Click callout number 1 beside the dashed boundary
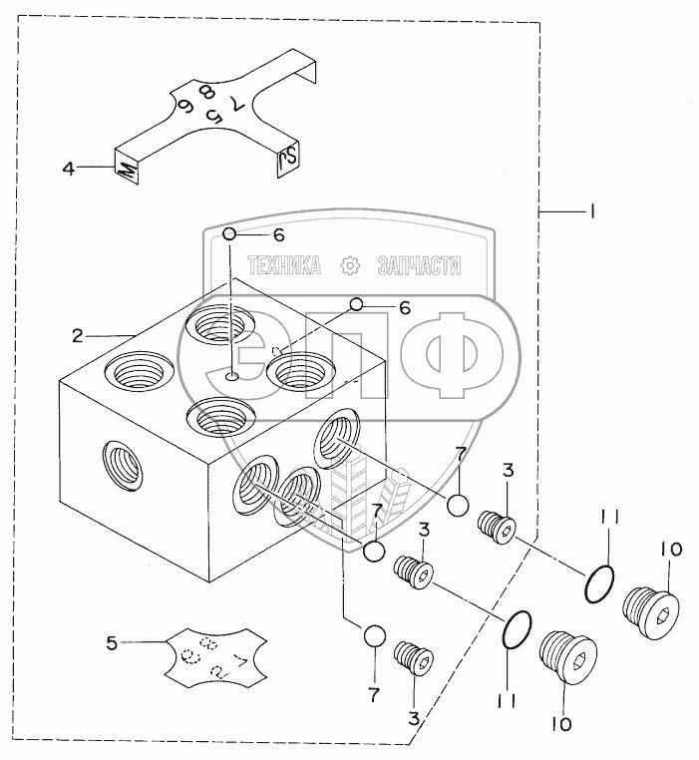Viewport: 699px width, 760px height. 591,211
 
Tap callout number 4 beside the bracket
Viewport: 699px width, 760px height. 69,169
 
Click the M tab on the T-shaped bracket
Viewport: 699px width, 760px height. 126,171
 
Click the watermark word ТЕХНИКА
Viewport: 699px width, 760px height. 282,264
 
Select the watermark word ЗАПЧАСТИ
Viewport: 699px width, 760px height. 419,264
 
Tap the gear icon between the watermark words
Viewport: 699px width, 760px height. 349,264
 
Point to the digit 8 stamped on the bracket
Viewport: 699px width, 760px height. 207,92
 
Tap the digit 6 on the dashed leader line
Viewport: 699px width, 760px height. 404,307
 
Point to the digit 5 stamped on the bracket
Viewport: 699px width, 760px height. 212,116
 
